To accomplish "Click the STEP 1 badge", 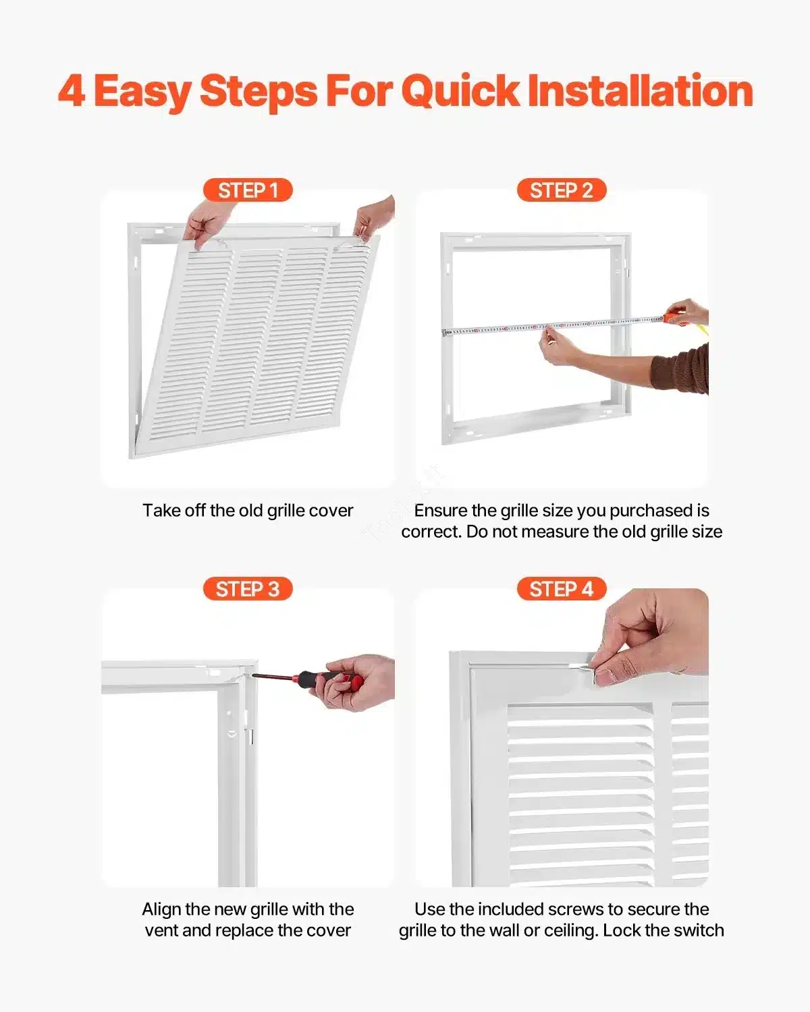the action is coord(248,190).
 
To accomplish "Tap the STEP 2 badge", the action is coord(561,190).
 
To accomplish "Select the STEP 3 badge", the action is coord(248,589).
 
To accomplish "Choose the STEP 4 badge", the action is coord(561,589).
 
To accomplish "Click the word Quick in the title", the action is coord(460,91).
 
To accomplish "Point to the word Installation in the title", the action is coord(640,91).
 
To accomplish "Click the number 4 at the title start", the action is coord(72,91).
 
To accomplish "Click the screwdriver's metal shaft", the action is coord(273,677).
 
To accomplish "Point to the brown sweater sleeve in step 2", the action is coord(682,368).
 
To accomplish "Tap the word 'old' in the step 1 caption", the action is coord(251,510).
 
